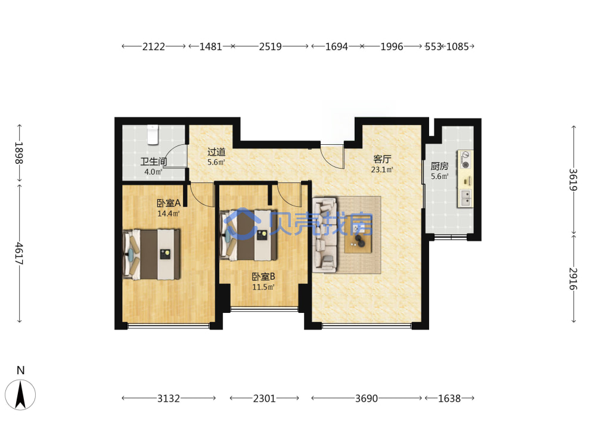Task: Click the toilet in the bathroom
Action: pos(153,135)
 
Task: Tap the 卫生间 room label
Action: pos(154,162)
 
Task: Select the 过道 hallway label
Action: pos(216,152)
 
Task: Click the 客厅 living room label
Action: pos(382,159)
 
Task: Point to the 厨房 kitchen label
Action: pos(439,166)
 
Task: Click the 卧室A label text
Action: pos(169,203)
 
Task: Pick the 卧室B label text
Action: pos(263,277)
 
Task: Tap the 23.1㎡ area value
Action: pos(382,169)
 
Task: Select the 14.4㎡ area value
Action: pos(169,213)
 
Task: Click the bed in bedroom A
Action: pos(151,254)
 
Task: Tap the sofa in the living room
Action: pos(325,234)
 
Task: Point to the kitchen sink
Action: pos(465,198)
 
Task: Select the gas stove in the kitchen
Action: pos(465,160)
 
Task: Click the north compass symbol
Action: pos(20,395)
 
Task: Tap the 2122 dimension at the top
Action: pos(154,46)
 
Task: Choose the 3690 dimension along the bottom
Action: pos(367,398)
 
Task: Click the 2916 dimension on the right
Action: pos(573,278)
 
